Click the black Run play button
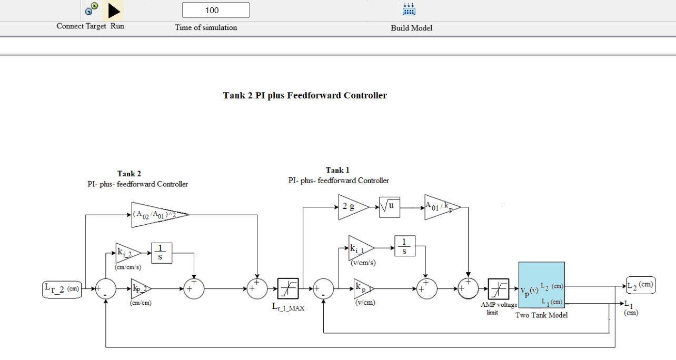coord(114,11)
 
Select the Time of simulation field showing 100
coord(215,10)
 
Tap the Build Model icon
coord(409,9)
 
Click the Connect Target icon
coord(92,8)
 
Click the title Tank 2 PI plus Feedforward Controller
coord(305,95)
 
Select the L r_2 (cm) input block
coord(62,288)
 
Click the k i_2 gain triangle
coord(126,252)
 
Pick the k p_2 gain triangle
coord(140,288)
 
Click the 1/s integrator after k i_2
coord(162,252)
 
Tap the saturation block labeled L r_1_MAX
coord(288,288)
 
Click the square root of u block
coord(390,207)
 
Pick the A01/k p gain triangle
coord(440,207)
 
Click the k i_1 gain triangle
coord(360,247)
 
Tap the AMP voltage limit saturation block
coord(498,288)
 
